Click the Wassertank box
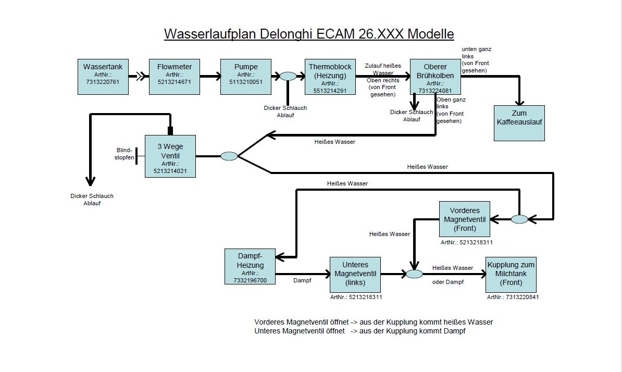103,77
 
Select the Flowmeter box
175,77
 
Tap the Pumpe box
246,77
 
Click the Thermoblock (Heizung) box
330,77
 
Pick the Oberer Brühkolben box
435,77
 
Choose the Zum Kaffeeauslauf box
519,123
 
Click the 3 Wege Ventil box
170,156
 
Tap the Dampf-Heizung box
250,267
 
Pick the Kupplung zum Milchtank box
511,274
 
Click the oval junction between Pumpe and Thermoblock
288,77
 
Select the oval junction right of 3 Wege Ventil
229,156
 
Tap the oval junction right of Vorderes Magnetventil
519,219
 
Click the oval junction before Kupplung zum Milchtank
415,274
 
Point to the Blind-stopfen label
125,153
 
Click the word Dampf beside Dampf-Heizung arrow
302,280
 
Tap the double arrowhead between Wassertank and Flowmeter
141,77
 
